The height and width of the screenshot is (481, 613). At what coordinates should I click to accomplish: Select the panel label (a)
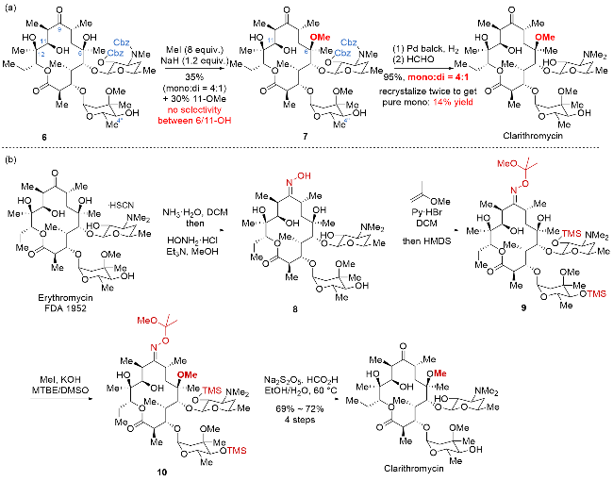tap(8, 7)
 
